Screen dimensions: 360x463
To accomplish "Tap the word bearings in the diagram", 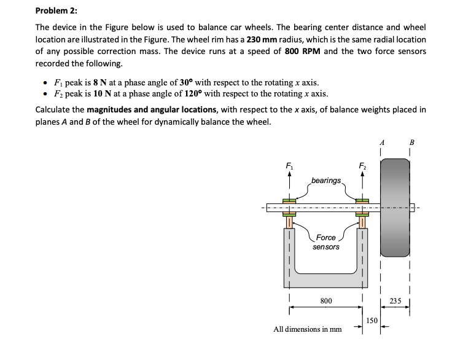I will click(x=326, y=180).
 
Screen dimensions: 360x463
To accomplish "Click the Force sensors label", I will click(x=326, y=242).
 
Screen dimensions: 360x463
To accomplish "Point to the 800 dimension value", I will click(x=327, y=301).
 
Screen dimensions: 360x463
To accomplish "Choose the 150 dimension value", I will click(x=373, y=320).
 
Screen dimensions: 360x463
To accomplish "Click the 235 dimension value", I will click(x=396, y=301).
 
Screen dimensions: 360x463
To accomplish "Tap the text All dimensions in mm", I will click(x=307, y=329).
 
